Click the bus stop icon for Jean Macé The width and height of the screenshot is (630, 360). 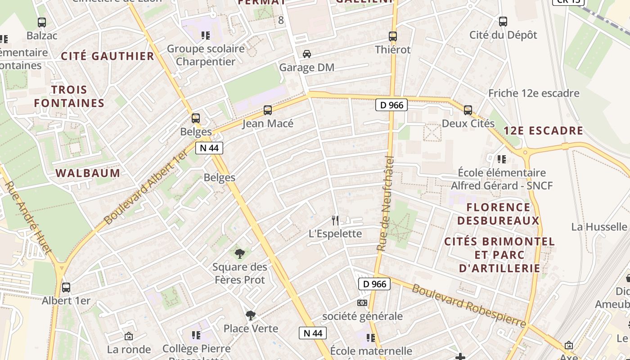(x=268, y=110)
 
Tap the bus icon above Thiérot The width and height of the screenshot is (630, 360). (x=393, y=36)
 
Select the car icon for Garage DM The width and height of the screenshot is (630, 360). (x=307, y=54)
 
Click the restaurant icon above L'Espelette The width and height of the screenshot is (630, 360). (x=335, y=220)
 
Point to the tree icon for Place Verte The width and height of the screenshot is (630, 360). (x=251, y=315)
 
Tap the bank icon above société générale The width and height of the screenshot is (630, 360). (x=362, y=303)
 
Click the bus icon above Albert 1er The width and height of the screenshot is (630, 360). (x=66, y=287)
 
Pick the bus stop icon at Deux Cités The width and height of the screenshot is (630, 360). (x=468, y=110)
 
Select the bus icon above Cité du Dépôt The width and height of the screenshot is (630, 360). (x=503, y=21)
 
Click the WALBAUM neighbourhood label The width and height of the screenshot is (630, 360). (x=88, y=173)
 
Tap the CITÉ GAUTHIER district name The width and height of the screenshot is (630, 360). (x=108, y=56)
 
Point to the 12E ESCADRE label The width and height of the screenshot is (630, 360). (x=543, y=131)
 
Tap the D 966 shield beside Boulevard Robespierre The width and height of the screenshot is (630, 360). (x=374, y=284)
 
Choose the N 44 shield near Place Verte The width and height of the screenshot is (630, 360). (x=313, y=333)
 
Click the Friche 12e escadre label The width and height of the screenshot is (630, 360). (x=534, y=94)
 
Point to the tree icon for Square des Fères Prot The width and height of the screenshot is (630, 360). (x=240, y=253)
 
